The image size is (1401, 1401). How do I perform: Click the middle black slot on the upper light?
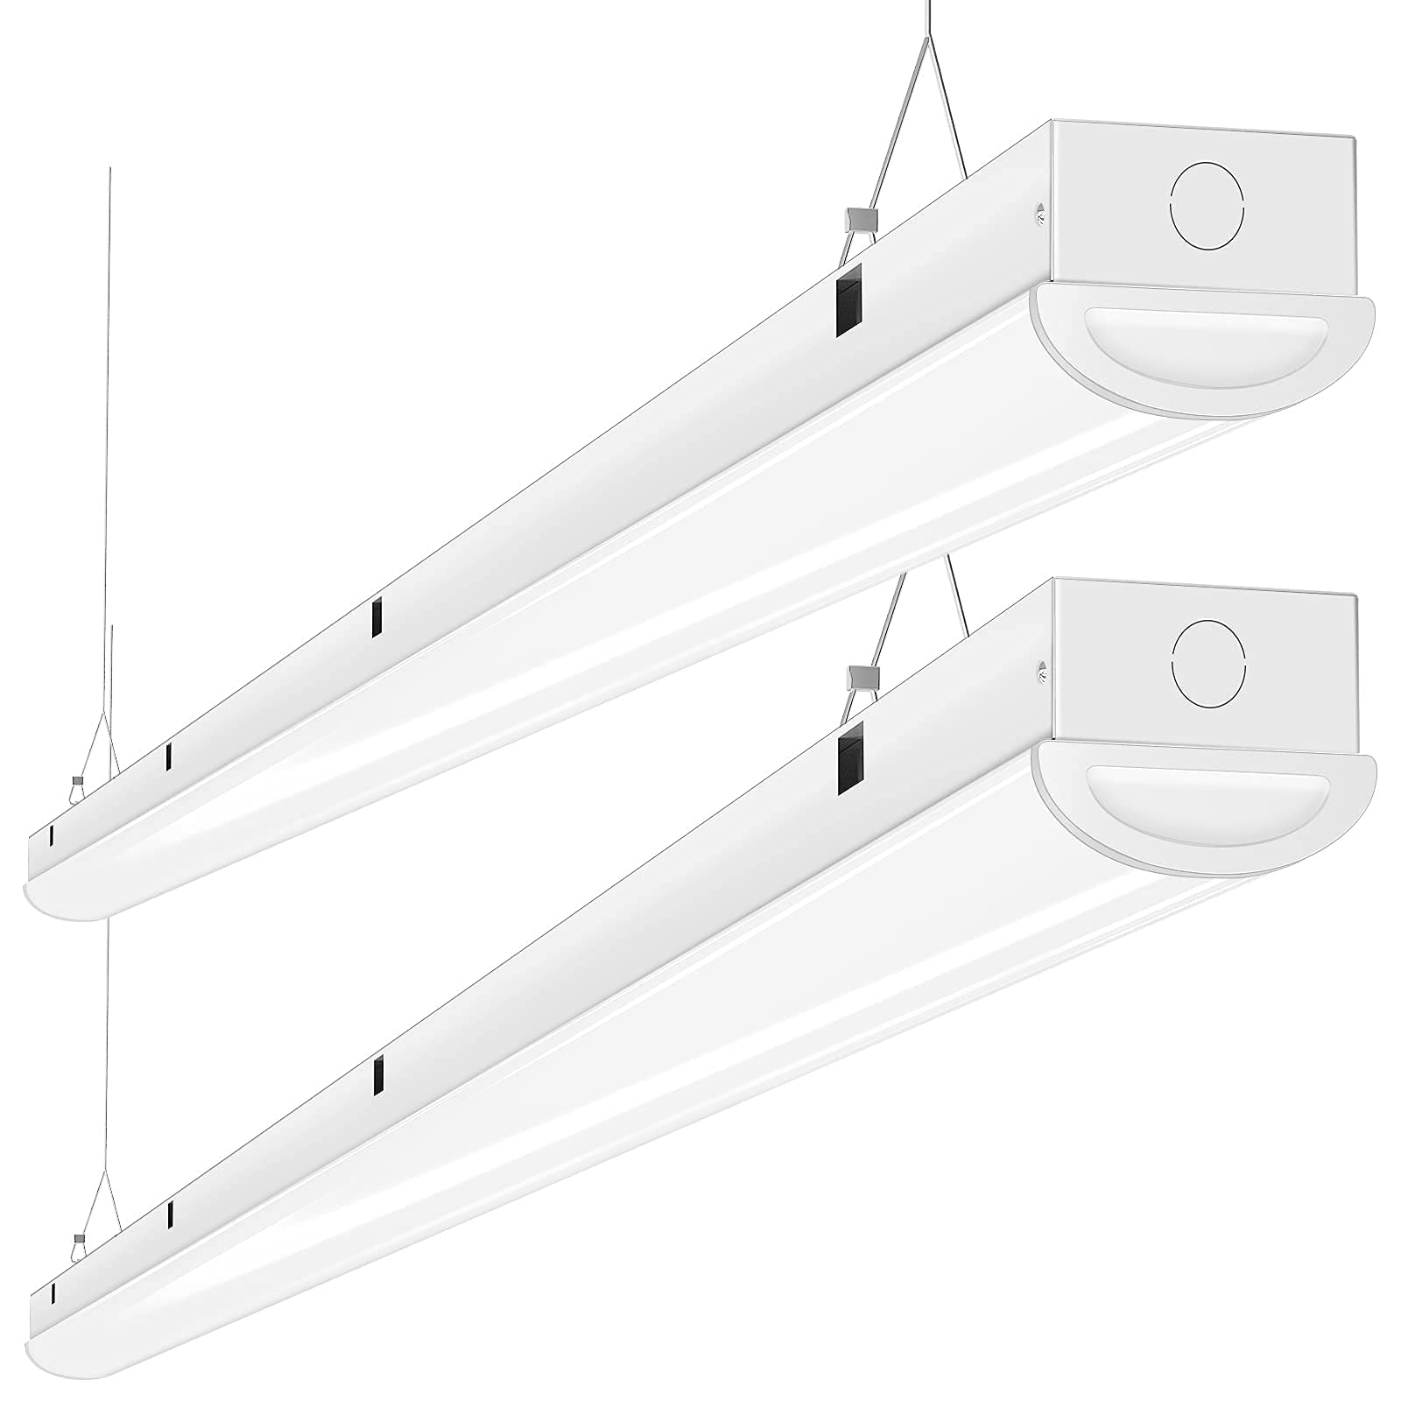click(377, 618)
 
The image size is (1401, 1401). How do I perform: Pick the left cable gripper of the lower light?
click(80, 1238)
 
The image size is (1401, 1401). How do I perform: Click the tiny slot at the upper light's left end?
click(52, 834)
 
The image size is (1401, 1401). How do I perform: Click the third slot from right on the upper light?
click(169, 757)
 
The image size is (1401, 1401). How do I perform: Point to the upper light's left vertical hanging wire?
click(110, 438)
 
